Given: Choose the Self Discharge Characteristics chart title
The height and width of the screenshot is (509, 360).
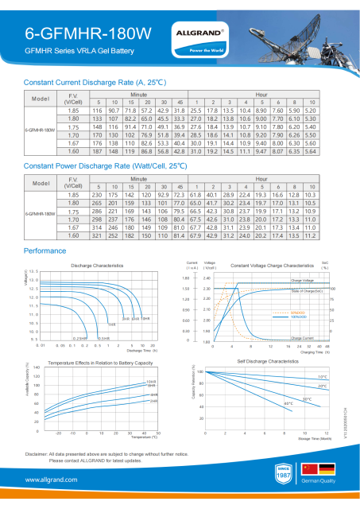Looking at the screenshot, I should (268, 361).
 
